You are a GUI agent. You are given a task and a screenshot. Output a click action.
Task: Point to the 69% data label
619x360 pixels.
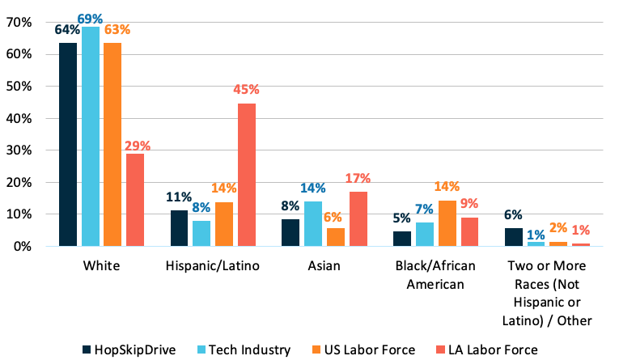click(90, 16)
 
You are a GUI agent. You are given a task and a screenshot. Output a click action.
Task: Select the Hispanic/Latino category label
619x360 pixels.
click(213, 266)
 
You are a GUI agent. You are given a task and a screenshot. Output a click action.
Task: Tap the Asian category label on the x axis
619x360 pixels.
click(324, 266)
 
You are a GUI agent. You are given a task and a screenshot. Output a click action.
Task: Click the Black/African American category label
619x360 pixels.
click(435, 274)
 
